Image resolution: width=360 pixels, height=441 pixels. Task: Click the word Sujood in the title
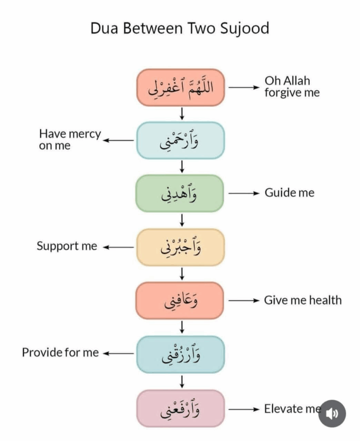[x=244, y=29]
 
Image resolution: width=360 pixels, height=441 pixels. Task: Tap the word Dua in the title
[x=104, y=28]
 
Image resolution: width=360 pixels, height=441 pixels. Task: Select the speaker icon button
[x=332, y=414]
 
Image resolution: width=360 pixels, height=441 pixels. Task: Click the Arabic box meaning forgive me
[x=180, y=87]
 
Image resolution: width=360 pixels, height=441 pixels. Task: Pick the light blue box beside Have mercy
[x=180, y=140]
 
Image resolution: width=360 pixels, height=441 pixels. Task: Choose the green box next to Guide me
[x=180, y=193]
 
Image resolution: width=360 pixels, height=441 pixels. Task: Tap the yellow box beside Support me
[x=180, y=248]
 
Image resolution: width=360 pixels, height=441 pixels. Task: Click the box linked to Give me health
[x=180, y=301]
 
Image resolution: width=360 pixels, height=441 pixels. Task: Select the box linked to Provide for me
[x=180, y=354]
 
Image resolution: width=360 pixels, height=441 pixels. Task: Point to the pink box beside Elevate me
[x=180, y=408]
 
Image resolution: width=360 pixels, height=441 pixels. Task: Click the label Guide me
[x=289, y=193]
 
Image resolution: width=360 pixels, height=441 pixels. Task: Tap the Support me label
[x=67, y=246]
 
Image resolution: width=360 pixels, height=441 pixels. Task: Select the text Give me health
[x=303, y=300]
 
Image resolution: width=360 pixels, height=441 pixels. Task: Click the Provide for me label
[x=60, y=352]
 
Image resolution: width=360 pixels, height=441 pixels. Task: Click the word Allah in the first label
[x=296, y=81]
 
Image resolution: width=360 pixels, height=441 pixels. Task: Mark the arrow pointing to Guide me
[x=244, y=193]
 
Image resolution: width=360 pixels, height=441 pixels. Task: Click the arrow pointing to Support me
[x=118, y=248]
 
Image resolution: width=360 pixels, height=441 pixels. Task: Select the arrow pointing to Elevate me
[x=244, y=409]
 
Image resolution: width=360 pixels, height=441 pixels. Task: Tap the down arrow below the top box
[x=182, y=114]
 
